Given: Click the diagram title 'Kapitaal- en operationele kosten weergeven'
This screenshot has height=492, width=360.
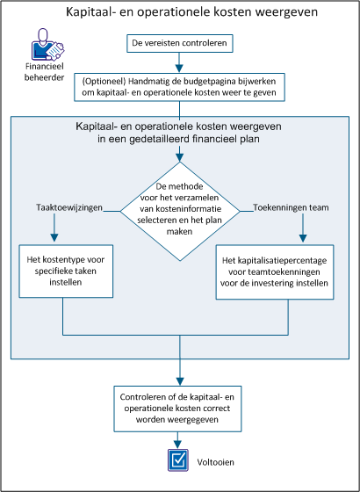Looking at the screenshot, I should (180, 14).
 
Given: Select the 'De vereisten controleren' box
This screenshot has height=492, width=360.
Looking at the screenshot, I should (179, 42).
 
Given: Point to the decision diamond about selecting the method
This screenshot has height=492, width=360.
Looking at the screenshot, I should (179, 210).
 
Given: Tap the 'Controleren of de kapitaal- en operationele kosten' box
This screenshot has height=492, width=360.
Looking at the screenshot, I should (179, 407).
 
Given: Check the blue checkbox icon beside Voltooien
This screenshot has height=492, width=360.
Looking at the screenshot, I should (179, 459).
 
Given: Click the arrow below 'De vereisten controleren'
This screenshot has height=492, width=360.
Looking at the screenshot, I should (179, 62).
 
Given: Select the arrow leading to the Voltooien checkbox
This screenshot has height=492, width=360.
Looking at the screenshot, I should (179, 440).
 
